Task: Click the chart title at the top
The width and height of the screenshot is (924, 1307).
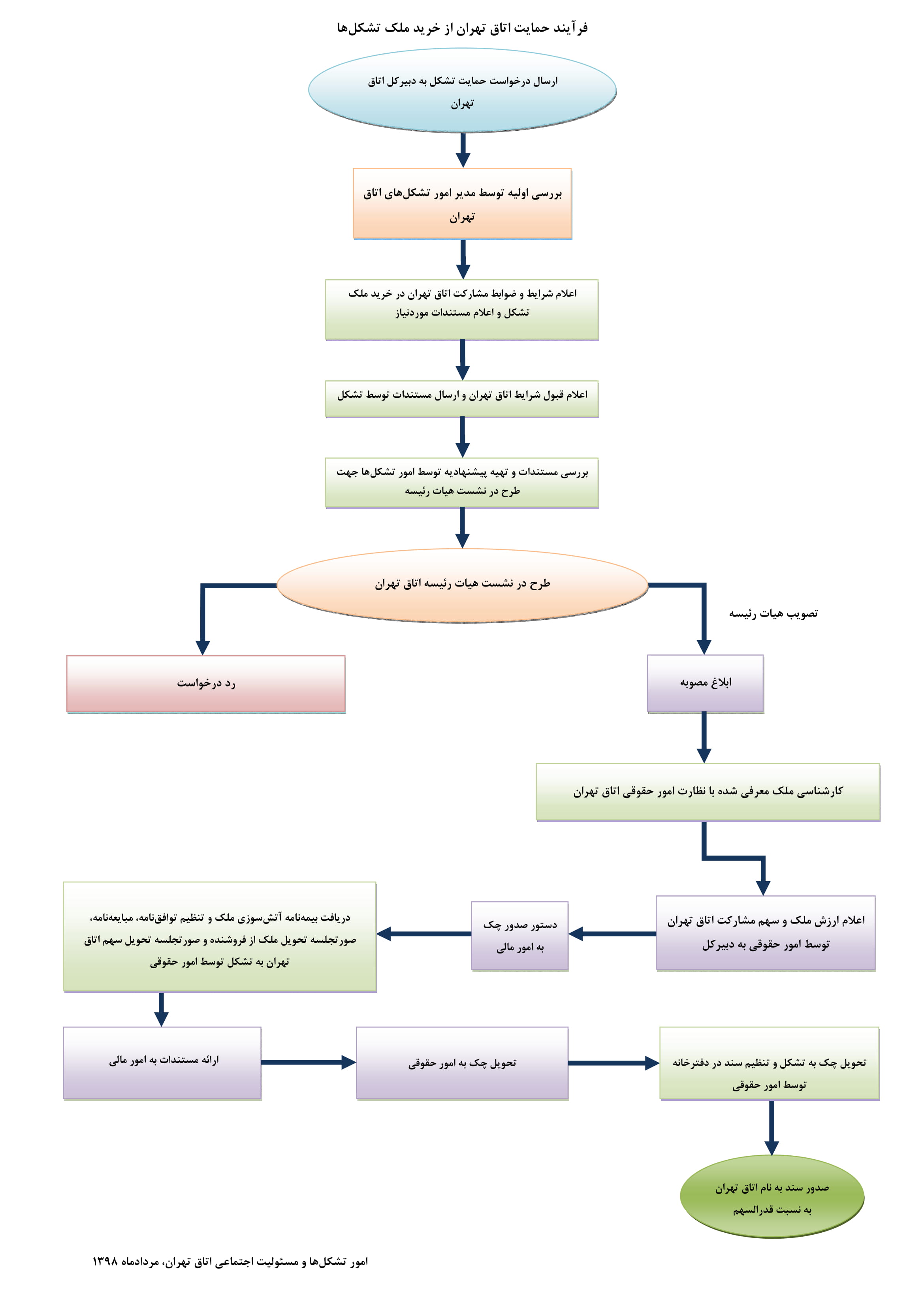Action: [462, 27]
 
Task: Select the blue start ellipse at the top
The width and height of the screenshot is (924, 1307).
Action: [462, 90]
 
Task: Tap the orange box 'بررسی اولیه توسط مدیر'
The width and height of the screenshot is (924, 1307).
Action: [462, 204]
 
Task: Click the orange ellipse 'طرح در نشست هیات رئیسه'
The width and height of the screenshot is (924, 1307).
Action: [462, 585]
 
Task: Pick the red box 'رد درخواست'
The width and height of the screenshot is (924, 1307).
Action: [206, 684]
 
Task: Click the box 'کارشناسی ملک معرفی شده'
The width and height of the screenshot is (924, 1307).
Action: [708, 792]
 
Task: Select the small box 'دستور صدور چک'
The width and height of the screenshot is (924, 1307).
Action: [520, 936]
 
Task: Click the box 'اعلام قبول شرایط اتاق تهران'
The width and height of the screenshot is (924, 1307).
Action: [462, 399]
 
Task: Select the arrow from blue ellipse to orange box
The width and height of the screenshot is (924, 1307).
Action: [463, 150]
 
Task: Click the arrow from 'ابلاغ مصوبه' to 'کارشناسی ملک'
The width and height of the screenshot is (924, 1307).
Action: [704, 738]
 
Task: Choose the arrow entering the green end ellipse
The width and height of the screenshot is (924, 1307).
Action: [772, 1128]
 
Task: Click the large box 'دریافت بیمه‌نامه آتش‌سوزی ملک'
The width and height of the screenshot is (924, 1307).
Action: [220, 937]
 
